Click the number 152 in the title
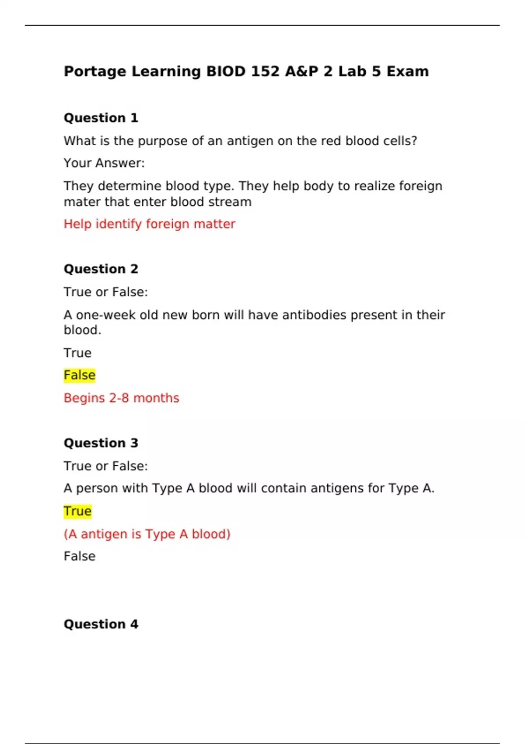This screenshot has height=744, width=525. point(265,71)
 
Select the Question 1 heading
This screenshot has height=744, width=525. point(101,118)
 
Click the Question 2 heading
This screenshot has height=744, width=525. point(101,269)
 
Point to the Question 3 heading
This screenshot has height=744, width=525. point(101,443)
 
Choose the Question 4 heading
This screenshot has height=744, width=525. point(101,624)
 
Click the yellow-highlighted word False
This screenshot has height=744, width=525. point(79,376)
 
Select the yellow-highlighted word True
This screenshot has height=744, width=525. point(77,511)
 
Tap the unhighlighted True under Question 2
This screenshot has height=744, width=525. point(77,353)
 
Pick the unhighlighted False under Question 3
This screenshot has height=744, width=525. point(79,556)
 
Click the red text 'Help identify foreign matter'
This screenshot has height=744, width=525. point(149,224)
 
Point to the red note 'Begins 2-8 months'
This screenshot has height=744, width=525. point(121,398)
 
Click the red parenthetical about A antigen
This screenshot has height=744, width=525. point(147,534)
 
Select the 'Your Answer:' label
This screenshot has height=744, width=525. point(104,163)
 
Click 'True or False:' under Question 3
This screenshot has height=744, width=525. point(105,466)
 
